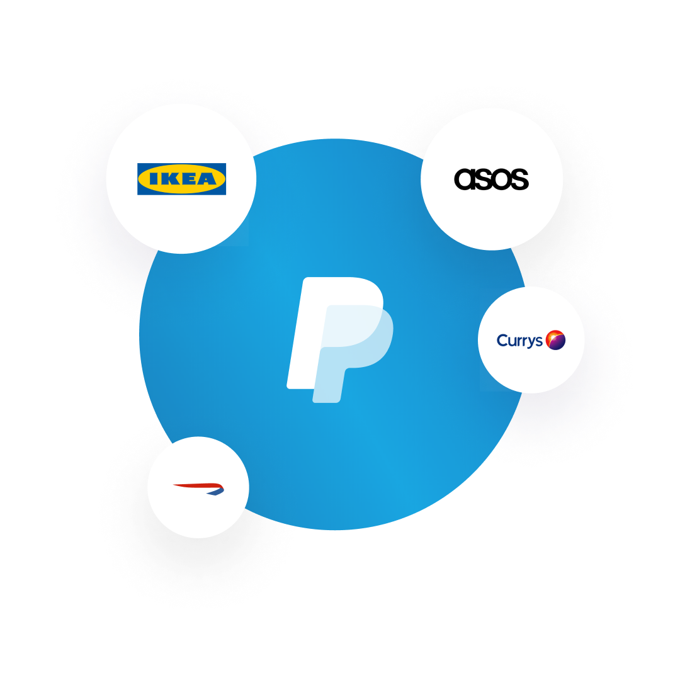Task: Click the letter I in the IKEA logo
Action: [150, 179]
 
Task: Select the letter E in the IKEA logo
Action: [186, 179]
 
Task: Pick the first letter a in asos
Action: [463, 179]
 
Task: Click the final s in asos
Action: [519, 179]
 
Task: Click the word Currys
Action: [519, 341]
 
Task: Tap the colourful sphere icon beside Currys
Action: [555, 340]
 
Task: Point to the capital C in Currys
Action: [502, 341]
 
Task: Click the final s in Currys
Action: [539, 342]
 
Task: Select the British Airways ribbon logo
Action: [198, 488]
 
